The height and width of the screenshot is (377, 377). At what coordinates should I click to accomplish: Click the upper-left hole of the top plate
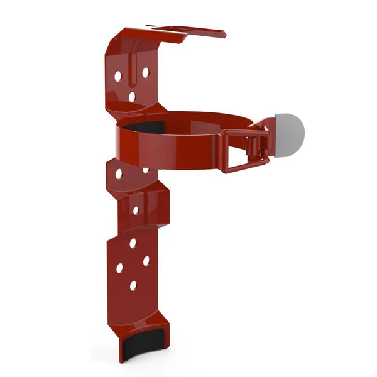117,76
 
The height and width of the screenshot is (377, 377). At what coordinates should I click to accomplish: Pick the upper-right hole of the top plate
145,72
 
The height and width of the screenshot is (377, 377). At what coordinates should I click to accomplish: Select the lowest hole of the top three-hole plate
132,97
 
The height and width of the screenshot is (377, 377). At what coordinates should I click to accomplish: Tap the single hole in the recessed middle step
135,210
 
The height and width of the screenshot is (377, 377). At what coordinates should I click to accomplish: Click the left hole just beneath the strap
119,174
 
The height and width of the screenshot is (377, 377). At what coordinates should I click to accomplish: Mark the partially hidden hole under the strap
146,170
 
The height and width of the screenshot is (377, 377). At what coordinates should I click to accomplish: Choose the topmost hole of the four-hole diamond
133,243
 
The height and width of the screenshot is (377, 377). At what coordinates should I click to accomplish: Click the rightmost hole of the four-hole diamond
146,260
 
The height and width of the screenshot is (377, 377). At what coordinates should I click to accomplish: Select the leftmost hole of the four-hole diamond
119,268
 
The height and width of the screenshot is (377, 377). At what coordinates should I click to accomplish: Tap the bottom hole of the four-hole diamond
133,285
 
